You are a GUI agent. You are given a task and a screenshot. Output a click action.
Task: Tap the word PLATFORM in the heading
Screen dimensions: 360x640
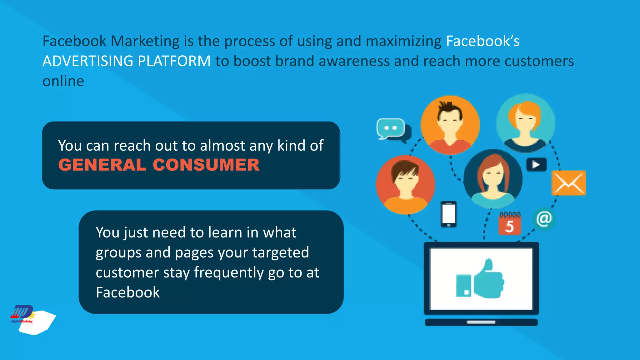point(174,61)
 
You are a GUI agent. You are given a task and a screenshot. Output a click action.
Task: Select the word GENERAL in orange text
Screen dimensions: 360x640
point(102,165)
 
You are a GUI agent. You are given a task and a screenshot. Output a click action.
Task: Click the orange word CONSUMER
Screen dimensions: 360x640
point(206,165)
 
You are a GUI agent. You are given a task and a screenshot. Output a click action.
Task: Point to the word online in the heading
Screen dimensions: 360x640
point(63,81)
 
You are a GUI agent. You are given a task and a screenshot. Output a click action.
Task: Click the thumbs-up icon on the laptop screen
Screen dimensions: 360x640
point(480,279)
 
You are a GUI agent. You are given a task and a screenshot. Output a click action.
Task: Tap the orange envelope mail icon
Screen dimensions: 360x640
point(568,183)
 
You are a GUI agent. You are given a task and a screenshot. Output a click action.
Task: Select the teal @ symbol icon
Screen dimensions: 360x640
point(544,219)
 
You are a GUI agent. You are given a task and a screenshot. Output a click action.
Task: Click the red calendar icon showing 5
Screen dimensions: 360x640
point(509,223)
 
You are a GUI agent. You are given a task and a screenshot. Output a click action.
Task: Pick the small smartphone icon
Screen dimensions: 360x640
point(448,214)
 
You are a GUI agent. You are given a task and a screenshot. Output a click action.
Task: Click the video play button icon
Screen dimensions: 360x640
point(536,165)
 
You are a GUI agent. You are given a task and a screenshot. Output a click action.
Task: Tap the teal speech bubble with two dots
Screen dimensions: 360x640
point(391,128)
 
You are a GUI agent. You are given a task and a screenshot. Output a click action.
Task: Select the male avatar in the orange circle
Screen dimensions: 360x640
point(450,125)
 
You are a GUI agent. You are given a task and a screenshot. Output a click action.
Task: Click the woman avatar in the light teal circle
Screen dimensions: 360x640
point(526,123)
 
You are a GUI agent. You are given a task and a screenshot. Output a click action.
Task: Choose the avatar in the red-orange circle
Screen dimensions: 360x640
point(405,185)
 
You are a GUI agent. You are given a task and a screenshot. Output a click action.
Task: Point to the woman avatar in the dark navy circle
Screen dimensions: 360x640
point(493,179)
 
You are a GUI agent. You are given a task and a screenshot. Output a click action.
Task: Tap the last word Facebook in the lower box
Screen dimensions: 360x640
point(127,292)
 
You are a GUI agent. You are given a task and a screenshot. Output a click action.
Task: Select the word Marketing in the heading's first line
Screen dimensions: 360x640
point(145,41)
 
